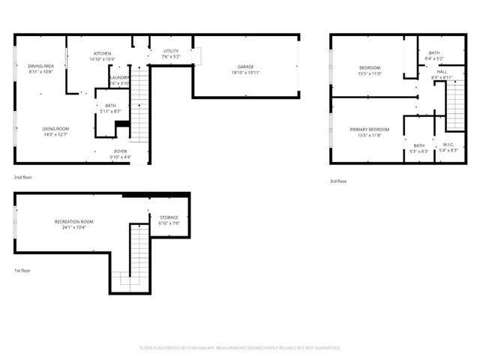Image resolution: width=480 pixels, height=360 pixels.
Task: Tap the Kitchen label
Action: tap(102, 53)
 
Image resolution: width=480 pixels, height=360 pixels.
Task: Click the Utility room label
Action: tap(169, 51)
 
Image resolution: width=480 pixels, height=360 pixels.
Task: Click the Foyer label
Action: tap(119, 151)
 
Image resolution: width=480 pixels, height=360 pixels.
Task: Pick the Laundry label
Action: tap(119, 77)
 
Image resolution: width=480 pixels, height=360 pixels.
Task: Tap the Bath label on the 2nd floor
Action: tap(110, 106)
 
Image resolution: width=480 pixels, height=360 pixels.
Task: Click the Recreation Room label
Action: tap(73, 221)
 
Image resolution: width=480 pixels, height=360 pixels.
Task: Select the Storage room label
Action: tap(169, 217)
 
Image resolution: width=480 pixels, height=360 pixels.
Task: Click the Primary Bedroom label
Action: tap(369, 130)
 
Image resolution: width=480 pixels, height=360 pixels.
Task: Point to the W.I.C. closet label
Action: tap(449, 145)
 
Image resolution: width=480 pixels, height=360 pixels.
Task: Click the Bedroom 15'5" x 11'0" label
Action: tap(369, 68)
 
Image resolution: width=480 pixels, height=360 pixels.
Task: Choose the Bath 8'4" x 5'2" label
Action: tap(433, 52)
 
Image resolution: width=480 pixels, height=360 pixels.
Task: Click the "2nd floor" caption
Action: tap(22, 177)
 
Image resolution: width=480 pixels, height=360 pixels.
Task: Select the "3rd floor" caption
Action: tap(338, 181)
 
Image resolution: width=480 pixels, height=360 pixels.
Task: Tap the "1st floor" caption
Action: tap(22, 270)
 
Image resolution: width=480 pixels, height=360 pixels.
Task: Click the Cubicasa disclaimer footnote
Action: tap(240, 348)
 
